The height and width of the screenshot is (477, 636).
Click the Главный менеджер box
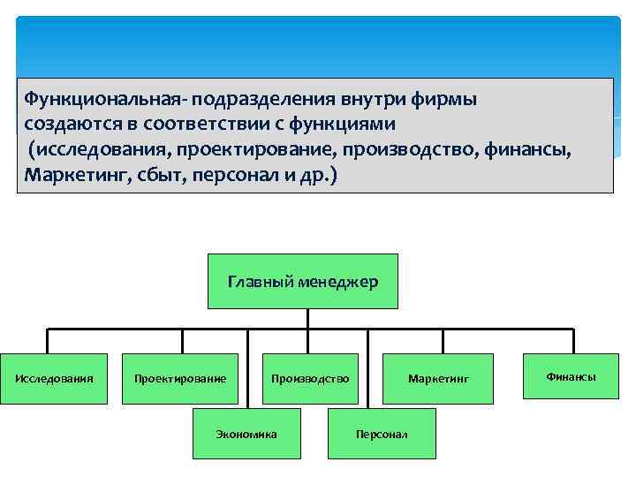[303, 282]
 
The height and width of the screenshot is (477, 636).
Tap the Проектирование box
[180, 379]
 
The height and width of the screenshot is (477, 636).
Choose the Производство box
[310, 379]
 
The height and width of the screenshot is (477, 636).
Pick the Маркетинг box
[438, 379]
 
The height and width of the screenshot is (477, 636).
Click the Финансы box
[571, 376]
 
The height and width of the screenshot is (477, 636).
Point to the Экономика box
[246, 434]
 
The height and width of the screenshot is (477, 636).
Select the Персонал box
[382, 434]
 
